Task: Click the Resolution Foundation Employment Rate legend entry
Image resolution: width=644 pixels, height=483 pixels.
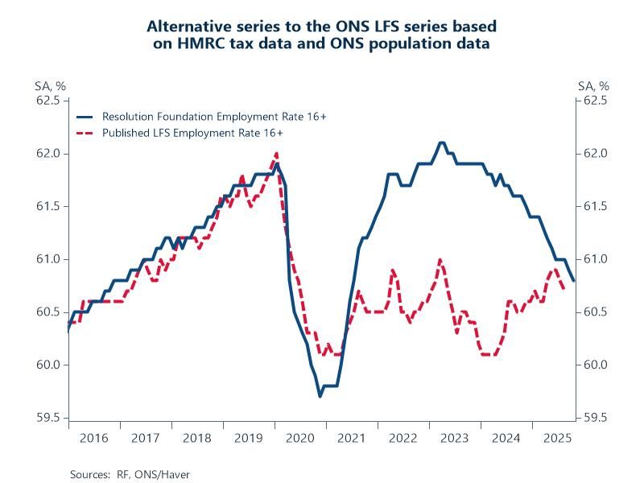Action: click(213, 117)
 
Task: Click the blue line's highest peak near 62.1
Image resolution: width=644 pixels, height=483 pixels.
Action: click(441, 142)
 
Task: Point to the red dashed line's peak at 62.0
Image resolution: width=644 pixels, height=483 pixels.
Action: click(276, 154)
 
